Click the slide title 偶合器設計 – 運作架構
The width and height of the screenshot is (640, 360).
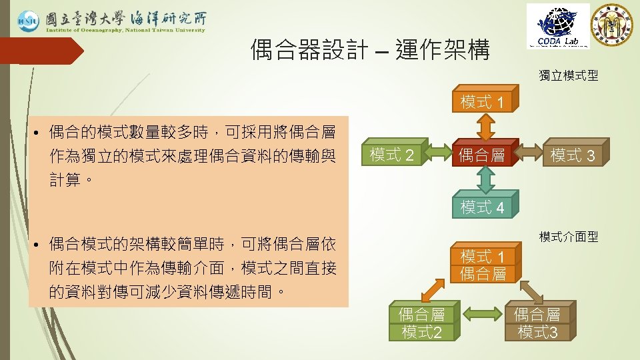(x=370, y=49)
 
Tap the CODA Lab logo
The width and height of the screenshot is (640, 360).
(x=558, y=26)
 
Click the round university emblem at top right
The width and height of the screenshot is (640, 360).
(x=613, y=25)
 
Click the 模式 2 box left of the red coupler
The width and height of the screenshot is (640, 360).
(x=392, y=155)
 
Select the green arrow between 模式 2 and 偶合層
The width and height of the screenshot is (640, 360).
(x=439, y=155)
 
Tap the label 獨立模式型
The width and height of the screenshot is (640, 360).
(x=568, y=76)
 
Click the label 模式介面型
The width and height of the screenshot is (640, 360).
(x=568, y=237)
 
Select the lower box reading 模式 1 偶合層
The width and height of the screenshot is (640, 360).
(x=483, y=265)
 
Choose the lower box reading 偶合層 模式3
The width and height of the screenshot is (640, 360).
(x=537, y=323)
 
